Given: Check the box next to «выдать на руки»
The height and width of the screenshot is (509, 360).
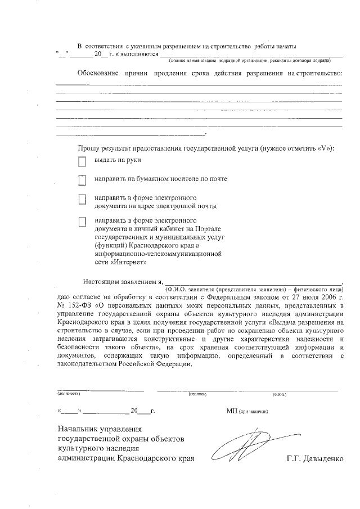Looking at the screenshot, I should [x=82, y=162].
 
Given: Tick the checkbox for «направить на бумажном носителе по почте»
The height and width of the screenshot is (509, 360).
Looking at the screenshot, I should [x=82, y=181].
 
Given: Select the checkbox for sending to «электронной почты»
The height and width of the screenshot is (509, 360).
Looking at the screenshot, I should [x=82, y=200].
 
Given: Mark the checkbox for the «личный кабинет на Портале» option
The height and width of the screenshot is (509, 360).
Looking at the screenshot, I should [x=82, y=222].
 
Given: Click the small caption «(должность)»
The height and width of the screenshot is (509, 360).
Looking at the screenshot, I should [x=68, y=394].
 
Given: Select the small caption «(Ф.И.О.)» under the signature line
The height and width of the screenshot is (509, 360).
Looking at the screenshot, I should [x=280, y=394].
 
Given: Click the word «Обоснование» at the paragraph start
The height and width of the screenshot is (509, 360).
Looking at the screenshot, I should [x=98, y=74].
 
